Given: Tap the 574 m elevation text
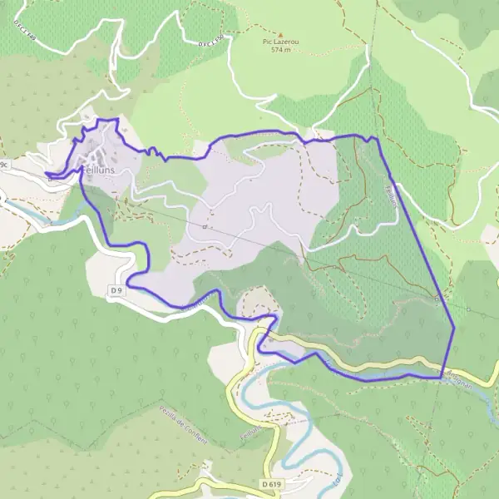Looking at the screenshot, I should [x=281, y=50].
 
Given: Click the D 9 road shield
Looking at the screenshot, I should [x=116, y=289].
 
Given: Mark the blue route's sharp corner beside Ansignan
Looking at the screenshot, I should [x=440, y=377].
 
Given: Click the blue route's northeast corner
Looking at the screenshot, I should [x=376, y=138].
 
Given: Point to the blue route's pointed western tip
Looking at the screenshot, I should [x=47, y=175].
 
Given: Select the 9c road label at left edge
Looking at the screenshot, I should [x=3, y=166].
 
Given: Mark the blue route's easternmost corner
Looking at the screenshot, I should [x=454, y=329].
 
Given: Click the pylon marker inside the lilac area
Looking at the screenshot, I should [x=204, y=226].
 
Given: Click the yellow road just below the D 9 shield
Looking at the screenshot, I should [x=133, y=301].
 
